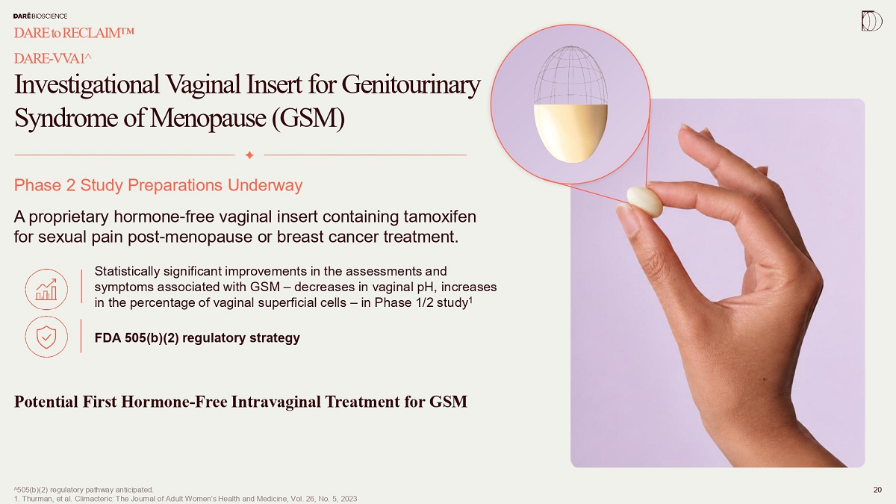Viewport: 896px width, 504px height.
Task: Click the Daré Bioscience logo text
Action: [40, 16]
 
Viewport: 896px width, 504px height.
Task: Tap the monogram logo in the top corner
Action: [871, 21]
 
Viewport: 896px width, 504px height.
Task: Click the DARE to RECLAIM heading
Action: [74, 33]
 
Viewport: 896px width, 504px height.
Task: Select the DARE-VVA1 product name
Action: [53, 58]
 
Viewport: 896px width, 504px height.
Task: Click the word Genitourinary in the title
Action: [411, 85]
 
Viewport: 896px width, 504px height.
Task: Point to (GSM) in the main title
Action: [308, 119]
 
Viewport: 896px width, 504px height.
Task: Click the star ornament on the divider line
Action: [249, 155]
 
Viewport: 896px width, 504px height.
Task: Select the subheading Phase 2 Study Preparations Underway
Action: [158, 185]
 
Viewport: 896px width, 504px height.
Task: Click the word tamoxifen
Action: [440, 217]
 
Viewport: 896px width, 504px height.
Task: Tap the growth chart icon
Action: [46, 289]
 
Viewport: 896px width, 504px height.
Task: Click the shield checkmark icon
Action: [46, 337]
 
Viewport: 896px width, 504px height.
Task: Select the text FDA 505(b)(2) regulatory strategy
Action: [197, 338]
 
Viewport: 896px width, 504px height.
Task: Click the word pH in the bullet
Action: [427, 287]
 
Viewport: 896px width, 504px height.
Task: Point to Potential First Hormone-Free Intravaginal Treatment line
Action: [240, 402]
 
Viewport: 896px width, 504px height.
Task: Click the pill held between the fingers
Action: [645, 202]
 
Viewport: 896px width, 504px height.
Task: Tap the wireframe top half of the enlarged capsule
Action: [570, 75]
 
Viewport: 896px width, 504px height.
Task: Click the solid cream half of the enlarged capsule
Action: [570, 133]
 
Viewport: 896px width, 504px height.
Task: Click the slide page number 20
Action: [877, 490]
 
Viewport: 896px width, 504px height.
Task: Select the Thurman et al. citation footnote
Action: [186, 499]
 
